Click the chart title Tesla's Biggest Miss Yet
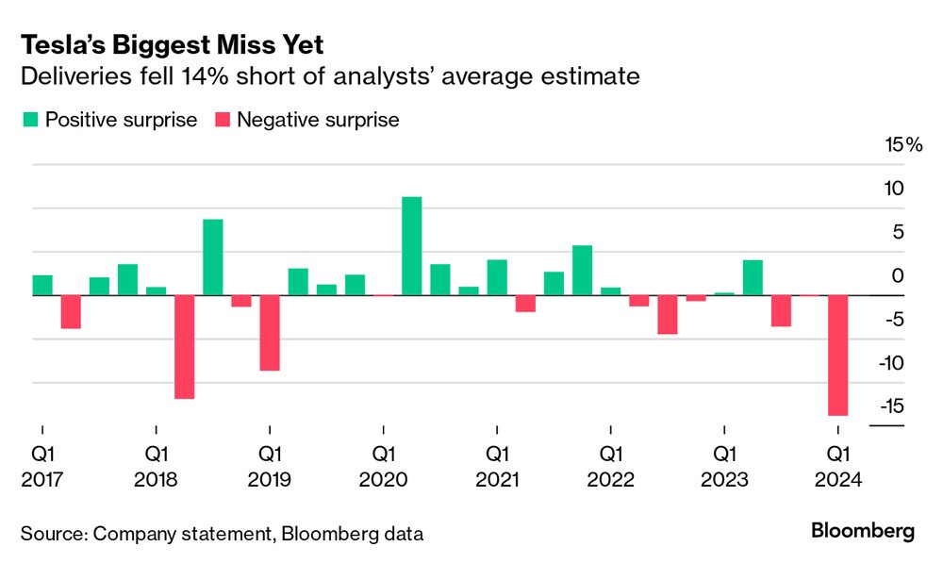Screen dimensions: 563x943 click(x=172, y=44)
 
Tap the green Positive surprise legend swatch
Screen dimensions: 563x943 click(x=29, y=120)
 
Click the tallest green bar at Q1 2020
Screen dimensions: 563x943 click(x=411, y=246)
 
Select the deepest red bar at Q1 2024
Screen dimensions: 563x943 click(x=837, y=356)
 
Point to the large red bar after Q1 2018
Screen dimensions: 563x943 click(x=185, y=347)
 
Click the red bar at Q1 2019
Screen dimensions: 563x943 click(x=270, y=333)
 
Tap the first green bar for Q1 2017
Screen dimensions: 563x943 click(x=42, y=286)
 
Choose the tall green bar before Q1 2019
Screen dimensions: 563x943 click(x=213, y=257)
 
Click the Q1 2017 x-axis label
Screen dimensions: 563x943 click(x=42, y=466)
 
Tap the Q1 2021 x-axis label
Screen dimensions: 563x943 click(x=497, y=466)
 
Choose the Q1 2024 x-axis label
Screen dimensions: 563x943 click(x=837, y=466)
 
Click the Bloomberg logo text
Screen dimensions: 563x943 click(x=862, y=531)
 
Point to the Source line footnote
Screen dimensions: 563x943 click(x=222, y=534)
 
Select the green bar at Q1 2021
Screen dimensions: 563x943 click(x=497, y=277)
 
